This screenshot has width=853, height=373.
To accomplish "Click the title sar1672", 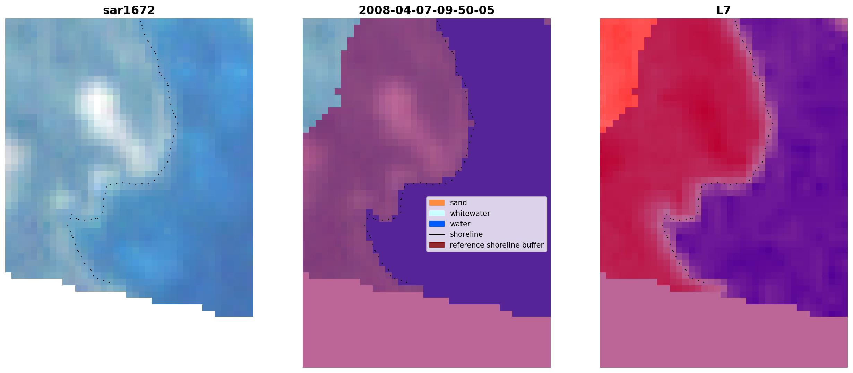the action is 129,10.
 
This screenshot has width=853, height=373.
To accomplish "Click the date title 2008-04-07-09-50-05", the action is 426,10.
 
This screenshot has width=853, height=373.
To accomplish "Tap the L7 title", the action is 724,10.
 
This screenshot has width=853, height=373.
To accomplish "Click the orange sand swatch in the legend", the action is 437,203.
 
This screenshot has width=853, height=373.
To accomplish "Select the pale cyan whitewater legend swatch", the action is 437,213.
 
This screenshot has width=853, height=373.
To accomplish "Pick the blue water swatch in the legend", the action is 437,224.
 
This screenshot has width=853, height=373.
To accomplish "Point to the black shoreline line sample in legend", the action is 437,234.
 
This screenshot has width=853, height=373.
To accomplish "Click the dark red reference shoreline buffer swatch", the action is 437,245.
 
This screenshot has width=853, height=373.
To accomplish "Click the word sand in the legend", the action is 458,203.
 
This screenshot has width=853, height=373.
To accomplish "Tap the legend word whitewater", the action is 470,214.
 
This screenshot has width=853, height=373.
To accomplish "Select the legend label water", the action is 460,224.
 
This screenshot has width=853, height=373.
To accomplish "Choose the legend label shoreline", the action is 466,234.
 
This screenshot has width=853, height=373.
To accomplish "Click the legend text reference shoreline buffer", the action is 497,245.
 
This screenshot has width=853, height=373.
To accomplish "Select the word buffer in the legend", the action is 533,245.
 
